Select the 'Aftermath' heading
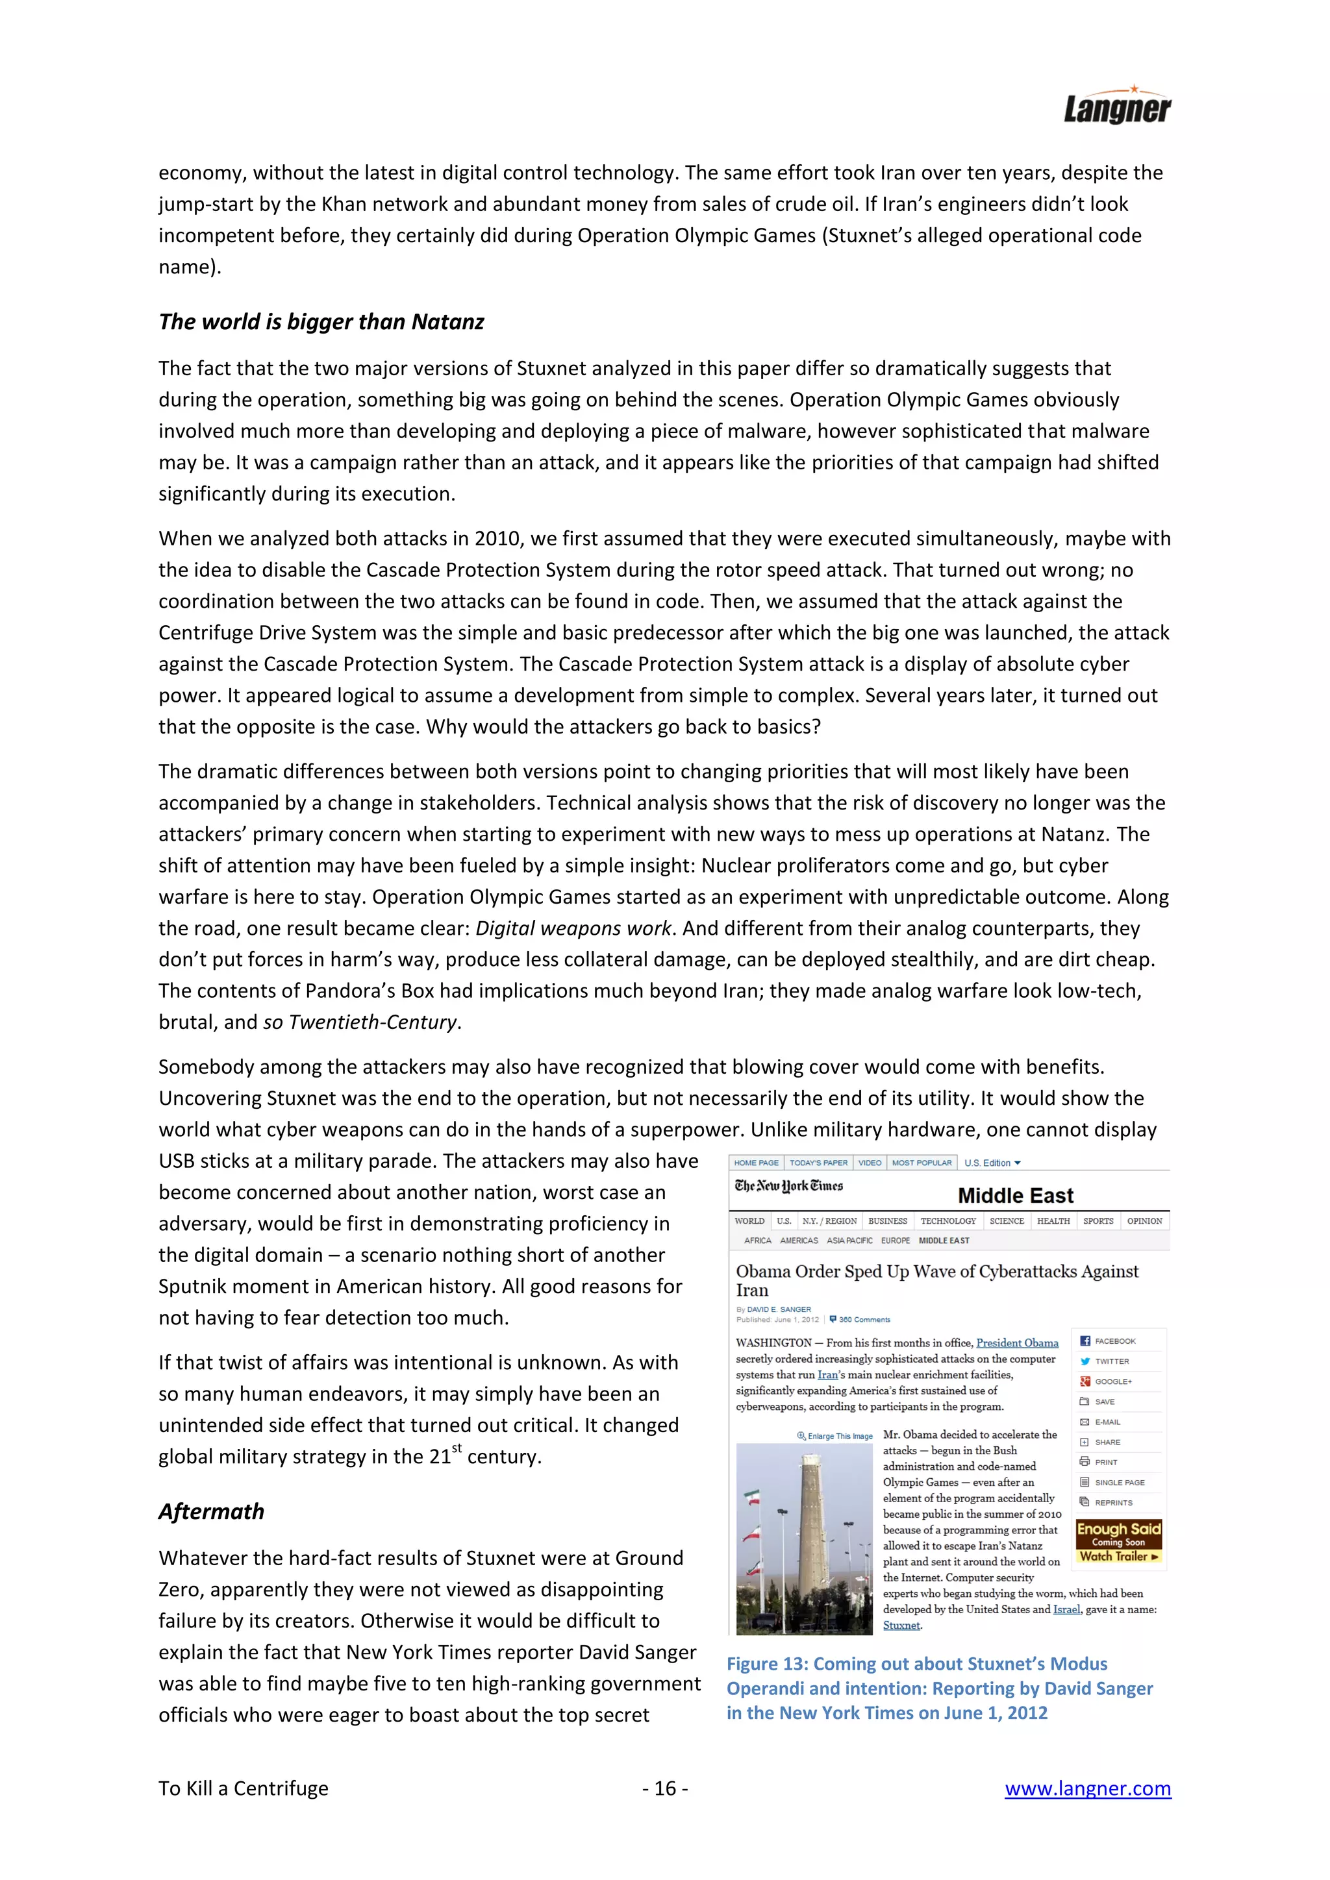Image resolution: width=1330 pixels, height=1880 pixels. click(211, 1511)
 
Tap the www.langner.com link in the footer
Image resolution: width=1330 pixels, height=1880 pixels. click(1088, 1788)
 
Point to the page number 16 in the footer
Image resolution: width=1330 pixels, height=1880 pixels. click(665, 1788)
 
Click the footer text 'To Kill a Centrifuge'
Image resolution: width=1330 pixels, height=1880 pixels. click(244, 1788)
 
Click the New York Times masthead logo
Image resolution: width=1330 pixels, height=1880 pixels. click(788, 1185)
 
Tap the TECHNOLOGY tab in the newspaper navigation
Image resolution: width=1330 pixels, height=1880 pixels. click(947, 1221)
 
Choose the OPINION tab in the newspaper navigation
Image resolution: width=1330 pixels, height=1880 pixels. click(1144, 1221)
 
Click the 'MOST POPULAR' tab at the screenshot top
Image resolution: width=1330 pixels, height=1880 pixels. click(922, 1163)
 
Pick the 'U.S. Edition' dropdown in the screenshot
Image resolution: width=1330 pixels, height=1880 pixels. click(992, 1163)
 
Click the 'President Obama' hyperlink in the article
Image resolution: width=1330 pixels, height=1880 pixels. click(1017, 1343)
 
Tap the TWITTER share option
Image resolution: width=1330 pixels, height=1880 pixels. click(1111, 1361)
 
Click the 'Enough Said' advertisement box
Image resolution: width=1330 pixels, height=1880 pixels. click(1119, 1542)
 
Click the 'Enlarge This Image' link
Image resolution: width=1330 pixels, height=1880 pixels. click(835, 1436)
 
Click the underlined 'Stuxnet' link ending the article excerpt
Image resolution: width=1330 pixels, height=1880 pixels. click(901, 1626)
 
